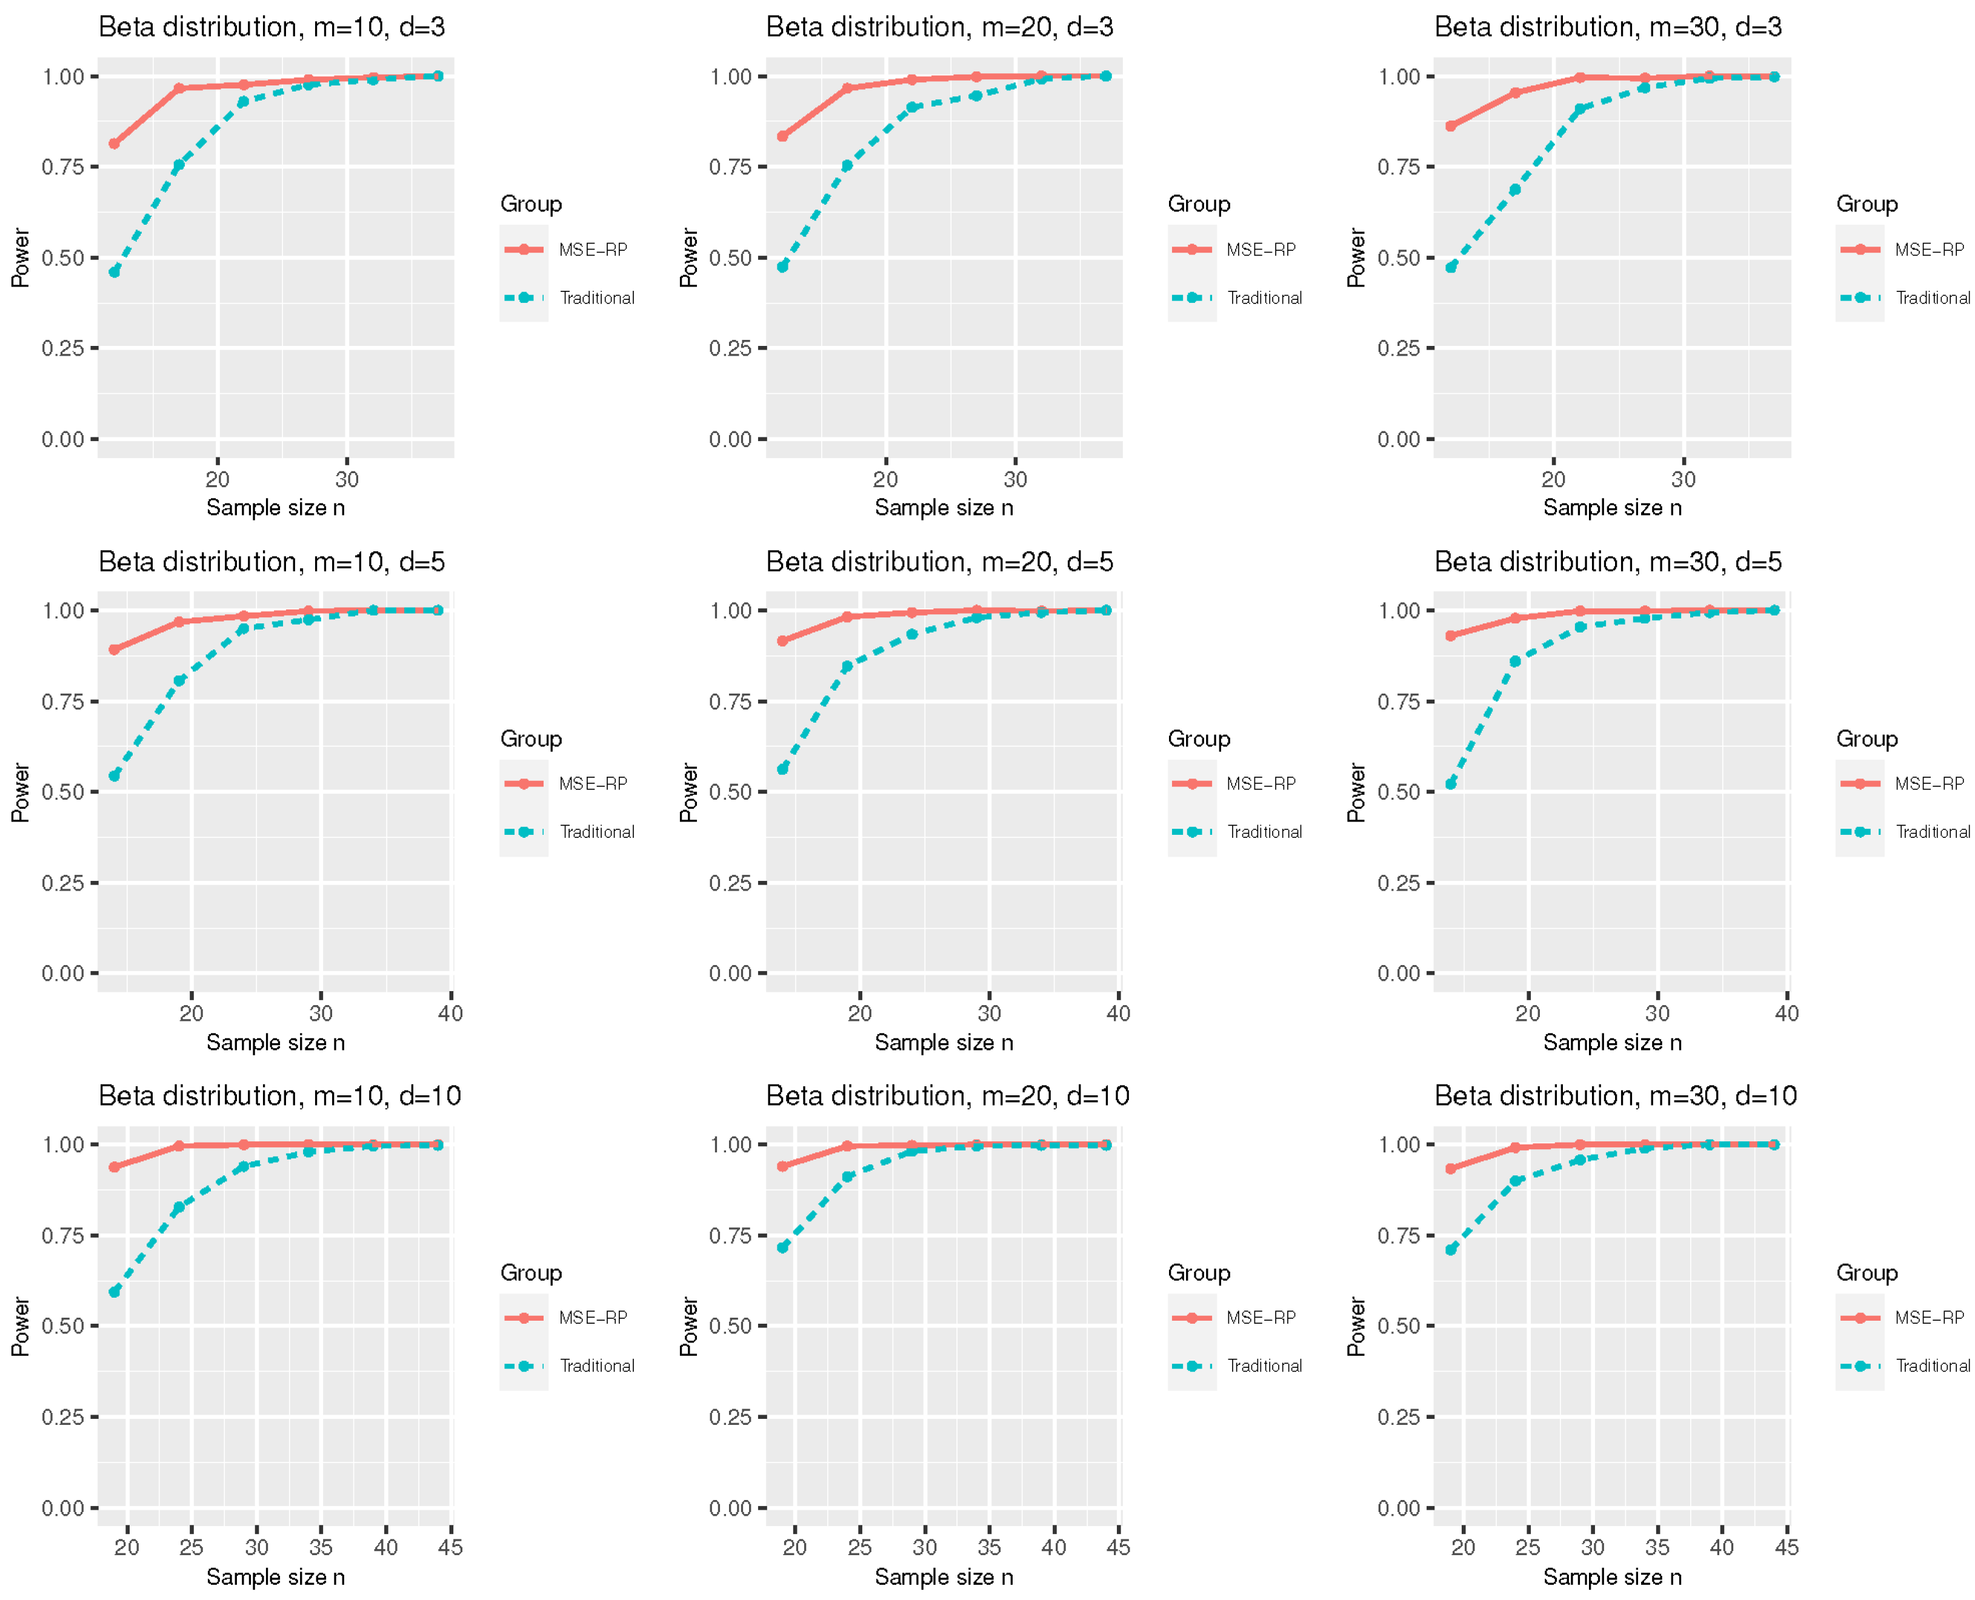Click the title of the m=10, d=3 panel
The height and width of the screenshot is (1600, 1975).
pyautogui.click(x=272, y=27)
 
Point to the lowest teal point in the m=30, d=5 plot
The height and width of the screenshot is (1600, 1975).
pyautogui.click(x=1450, y=783)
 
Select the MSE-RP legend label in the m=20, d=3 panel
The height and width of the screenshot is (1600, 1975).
pyautogui.click(x=1261, y=250)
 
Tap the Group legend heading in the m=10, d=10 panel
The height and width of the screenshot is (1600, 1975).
pyautogui.click(x=531, y=1273)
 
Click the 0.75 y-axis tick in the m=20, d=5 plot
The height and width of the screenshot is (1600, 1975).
pyautogui.click(x=730, y=702)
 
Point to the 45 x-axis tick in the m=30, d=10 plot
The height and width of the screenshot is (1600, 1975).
pyautogui.click(x=1786, y=1547)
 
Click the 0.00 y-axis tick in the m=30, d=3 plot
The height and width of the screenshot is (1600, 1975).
pyautogui.click(x=1399, y=440)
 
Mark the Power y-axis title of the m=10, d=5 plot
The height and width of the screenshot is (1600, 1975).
pyautogui.click(x=20, y=792)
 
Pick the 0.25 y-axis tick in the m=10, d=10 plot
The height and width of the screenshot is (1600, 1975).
pyautogui.click(x=62, y=1416)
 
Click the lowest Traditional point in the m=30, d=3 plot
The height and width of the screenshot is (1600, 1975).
pyautogui.click(x=1450, y=267)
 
